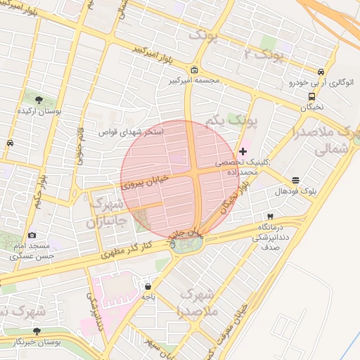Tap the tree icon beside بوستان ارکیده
pyautogui.click(x=38, y=99)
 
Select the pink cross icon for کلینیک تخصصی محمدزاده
pyautogui.click(x=243, y=151)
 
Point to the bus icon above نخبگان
pyautogui.click(x=311, y=97)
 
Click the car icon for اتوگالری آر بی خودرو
pyautogui.click(x=321, y=72)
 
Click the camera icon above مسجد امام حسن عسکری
pyautogui.click(x=32, y=235)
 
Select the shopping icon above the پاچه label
pyautogui.click(x=148, y=286)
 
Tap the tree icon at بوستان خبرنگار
pyautogui.click(x=37, y=330)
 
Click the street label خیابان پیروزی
pyautogui.click(x=146, y=184)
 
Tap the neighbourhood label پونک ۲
pyautogui.click(x=263, y=55)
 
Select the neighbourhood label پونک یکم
pyautogui.click(x=232, y=122)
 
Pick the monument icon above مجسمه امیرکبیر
pyautogui.click(x=194, y=70)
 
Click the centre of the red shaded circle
pyautogui.click(x=178, y=179)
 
